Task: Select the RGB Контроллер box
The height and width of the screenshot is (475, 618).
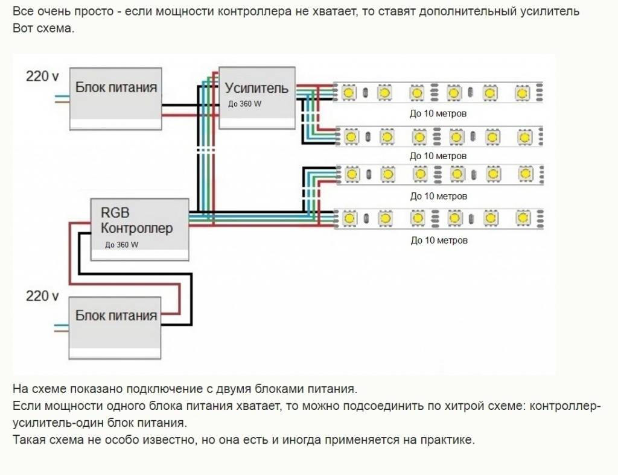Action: (x=139, y=228)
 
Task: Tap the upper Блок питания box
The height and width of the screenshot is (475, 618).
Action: (x=116, y=99)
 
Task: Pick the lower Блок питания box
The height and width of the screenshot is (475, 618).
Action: (x=116, y=328)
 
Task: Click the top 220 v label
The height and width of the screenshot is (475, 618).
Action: (x=42, y=77)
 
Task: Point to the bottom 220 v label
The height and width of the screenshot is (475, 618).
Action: (x=42, y=296)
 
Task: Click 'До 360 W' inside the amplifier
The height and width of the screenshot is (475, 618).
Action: (x=245, y=104)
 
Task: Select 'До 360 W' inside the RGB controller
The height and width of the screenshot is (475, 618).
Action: (x=121, y=245)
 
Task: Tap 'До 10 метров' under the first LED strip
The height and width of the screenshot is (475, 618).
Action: (x=438, y=113)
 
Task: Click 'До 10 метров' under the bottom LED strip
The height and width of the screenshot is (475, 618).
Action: (x=439, y=240)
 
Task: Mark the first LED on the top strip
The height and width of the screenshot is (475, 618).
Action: (x=348, y=93)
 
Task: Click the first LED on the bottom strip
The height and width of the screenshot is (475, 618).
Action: (x=348, y=217)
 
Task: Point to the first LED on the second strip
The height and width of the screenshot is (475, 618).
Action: (x=350, y=137)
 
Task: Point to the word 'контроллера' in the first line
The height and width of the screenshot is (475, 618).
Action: (x=226, y=12)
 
